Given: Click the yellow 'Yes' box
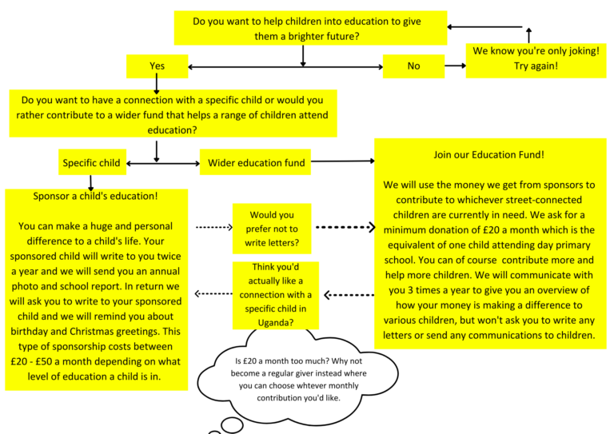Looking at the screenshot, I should [157, 66].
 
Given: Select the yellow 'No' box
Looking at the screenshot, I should [413, 66].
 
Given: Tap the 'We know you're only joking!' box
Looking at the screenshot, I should [535, 58].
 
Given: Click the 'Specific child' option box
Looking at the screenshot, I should [92, 163].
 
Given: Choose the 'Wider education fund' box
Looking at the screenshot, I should [257, 163].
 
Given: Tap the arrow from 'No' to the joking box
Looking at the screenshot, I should [455, 66].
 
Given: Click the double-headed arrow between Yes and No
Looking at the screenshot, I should [285, 66].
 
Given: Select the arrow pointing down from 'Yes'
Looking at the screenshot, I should [157, 84].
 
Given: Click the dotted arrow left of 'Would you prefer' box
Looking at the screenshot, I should [213, 228].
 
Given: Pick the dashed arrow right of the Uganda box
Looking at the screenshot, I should [349, 295].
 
